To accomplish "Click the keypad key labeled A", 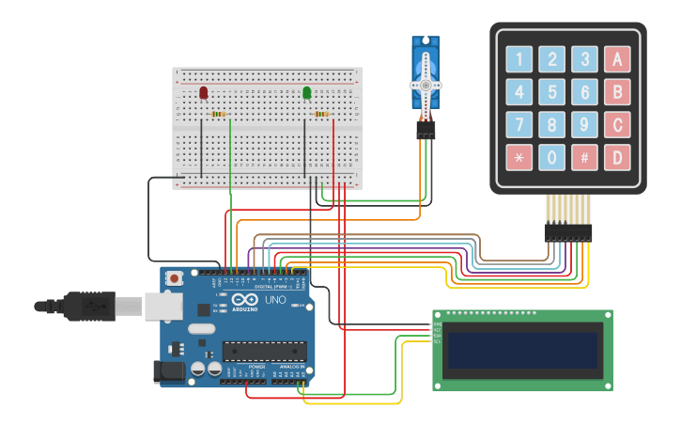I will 617,60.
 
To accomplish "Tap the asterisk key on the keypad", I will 519,157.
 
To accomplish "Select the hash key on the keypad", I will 584,157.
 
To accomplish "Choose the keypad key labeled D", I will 617,157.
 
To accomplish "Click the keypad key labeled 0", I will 552,157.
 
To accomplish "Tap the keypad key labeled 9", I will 584,124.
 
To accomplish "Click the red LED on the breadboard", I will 204,92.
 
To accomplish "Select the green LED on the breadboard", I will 306,92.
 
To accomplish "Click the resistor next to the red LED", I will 220,115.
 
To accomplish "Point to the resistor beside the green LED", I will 322,115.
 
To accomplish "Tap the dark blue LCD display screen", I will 522,350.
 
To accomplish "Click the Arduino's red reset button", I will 175,278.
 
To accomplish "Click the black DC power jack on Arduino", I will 169,371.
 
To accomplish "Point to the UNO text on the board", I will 275,300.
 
